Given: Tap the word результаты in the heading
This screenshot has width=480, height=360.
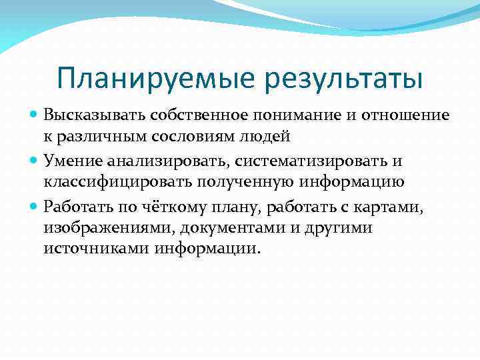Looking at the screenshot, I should (x=343, y=79).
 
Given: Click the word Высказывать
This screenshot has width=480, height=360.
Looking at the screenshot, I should (x=88, y=115).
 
